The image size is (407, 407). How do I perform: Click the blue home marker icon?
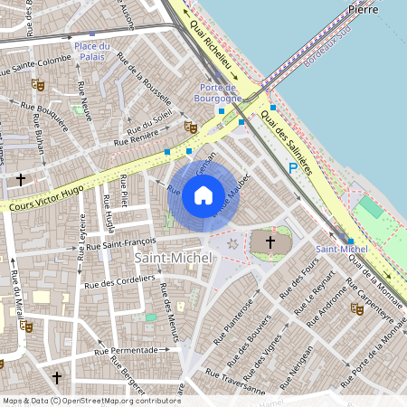[x=203, y=194]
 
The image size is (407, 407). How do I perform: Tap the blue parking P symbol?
[x=292, y=168]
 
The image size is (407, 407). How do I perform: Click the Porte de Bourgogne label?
[x=219, y=92]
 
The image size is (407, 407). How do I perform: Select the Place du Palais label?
[x=92, y=52]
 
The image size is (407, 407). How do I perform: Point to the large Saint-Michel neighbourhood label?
[x=173, y=258]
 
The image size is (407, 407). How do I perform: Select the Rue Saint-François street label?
[x=117, y=242]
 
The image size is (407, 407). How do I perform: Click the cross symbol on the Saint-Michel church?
[x=268, y=241]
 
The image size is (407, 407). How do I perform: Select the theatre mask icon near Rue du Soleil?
[x=190, y=128]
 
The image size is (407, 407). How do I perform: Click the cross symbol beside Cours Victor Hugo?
[x=20, y=179]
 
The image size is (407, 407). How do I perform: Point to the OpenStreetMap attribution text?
[x=90, y=400]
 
